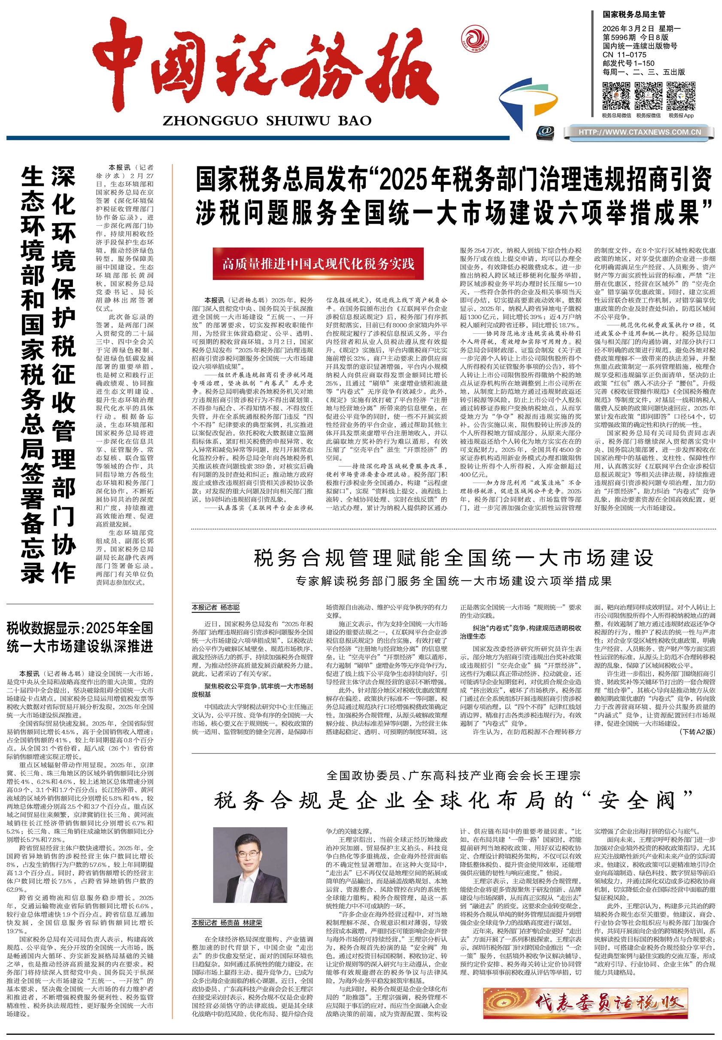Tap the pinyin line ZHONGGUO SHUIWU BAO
click(267, 121)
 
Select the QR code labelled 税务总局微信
click(616, 96)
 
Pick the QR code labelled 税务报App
click(681, 96)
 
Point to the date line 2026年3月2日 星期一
click(641, 29)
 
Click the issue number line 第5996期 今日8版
click(635, 37)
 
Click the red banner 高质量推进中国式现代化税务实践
click(318, 263)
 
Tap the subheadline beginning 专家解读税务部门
click(453, 581)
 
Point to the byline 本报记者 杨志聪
click(216, 607)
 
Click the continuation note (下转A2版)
click(697, 732)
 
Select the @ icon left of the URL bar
click(545, 132)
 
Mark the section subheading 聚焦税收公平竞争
click(252, 690)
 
